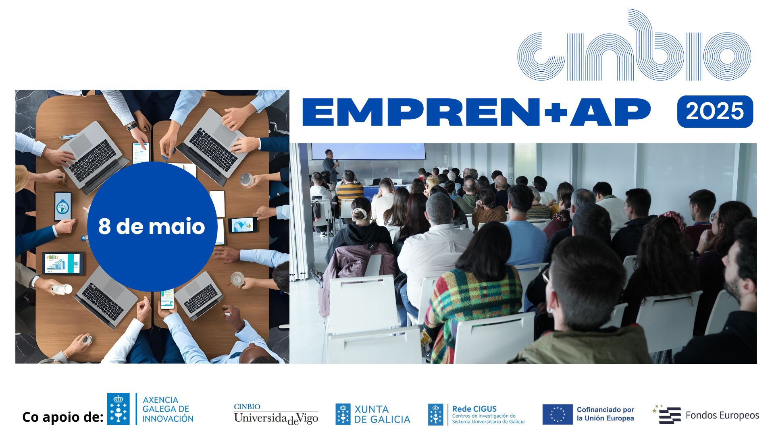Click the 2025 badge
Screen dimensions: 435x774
coord(715,112)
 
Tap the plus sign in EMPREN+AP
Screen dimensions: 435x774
coord(555,112)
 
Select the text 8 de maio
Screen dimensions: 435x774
coord(152,226)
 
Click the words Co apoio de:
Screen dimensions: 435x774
coord(63,417)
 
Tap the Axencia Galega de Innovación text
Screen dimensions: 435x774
coord(168,409)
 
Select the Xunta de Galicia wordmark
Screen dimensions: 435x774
coord(382,414)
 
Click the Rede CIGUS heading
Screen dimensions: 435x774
coord(474,408)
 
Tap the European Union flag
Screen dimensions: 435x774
coord(557,414)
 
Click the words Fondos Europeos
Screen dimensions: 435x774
coord(722,415)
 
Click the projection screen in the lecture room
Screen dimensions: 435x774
coord(368,151)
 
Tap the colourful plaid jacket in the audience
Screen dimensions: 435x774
coord(472,306)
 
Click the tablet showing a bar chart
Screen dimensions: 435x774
coord(63,263)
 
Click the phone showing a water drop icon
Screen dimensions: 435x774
coord(63,206)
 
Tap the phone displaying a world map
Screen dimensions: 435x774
coord(242,225)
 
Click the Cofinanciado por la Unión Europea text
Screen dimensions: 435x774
coord(605,414)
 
